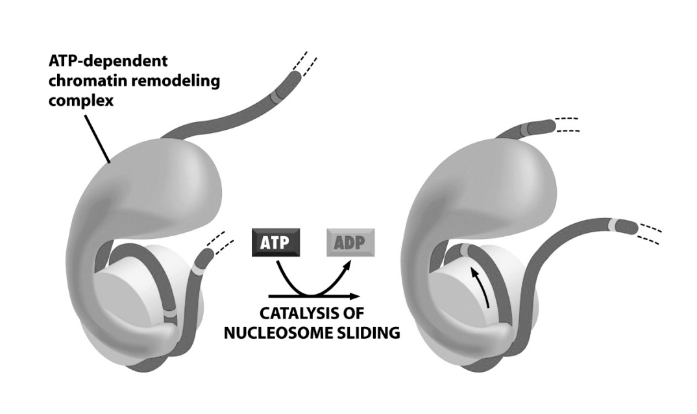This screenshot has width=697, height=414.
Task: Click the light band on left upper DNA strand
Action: click(x=278, y=97)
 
